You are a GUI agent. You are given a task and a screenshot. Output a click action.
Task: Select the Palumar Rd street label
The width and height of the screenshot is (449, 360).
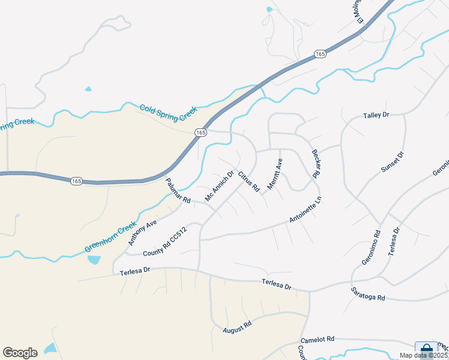178,191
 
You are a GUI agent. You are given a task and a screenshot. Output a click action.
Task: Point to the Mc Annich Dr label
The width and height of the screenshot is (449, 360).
218,187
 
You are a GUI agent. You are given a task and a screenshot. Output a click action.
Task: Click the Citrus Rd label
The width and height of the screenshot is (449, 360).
249,182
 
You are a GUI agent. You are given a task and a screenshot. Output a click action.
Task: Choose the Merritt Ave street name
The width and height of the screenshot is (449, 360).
274,174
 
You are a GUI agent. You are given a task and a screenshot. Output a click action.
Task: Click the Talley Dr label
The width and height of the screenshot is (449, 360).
376,115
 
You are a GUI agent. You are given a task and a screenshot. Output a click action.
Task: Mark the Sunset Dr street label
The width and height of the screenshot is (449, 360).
393,163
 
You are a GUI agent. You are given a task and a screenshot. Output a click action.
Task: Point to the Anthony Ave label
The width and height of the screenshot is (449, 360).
142,232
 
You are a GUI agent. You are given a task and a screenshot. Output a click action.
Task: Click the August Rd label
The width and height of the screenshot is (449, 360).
237,326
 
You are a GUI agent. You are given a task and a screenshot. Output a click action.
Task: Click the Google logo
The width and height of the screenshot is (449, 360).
20,353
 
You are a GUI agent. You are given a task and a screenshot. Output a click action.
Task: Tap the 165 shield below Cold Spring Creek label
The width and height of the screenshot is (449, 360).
200,132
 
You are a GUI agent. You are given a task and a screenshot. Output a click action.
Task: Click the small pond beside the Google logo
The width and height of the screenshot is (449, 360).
50,348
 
